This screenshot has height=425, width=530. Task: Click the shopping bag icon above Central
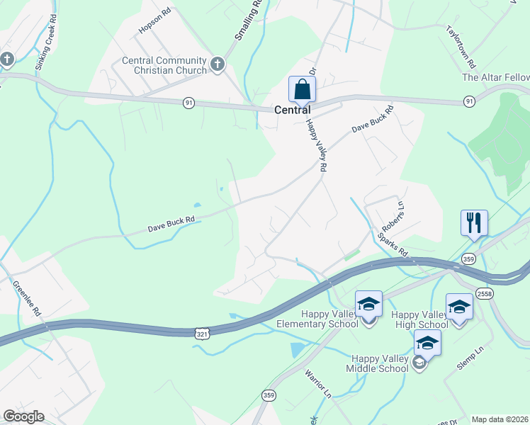[302, 90]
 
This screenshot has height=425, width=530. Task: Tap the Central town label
[293, 110]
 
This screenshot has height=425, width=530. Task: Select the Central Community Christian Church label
[164, 65]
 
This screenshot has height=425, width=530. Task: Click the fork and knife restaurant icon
[473, 222]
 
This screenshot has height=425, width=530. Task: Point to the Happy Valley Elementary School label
[329, 319]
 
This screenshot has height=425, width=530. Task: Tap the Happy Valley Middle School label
[377, 363]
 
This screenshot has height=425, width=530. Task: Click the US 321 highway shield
[201, 332]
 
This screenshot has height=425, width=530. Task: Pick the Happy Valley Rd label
[316, 144]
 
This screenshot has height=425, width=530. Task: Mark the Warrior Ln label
[318, 383]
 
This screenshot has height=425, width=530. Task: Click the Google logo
[23, 416]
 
